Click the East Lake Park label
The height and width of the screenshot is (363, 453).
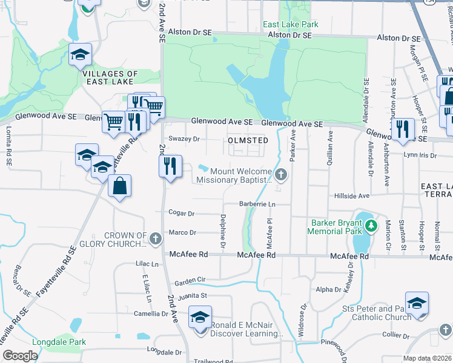tap(290, 25)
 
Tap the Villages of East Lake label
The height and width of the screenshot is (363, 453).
tap(110, 78)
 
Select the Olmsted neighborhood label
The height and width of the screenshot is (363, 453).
tap(248, 140)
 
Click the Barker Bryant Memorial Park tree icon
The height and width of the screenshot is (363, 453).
tap(372, 226)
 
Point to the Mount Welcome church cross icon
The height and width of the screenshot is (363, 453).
tap(280, 175)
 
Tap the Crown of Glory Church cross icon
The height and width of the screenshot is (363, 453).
tap(155, 237)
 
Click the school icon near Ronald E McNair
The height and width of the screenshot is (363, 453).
tap(200, 317)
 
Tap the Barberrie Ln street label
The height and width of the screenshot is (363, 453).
tap(257, 204)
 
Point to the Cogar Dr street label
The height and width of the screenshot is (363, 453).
tap(182, 214)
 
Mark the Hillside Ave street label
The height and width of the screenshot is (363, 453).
tap(352, 196)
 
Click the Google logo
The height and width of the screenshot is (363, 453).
tap(20, 356)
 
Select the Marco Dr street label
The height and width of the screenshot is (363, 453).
tap(183, 232)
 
